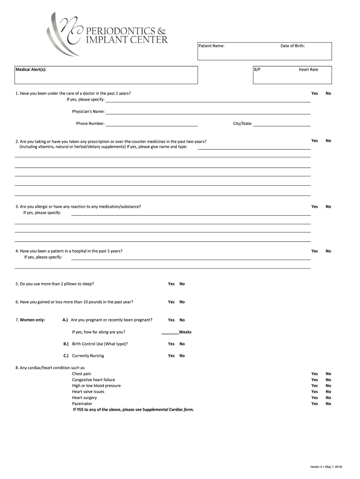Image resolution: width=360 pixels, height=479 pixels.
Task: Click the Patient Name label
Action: tap(211, 46)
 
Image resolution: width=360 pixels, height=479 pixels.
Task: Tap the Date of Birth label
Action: tap(293, 46)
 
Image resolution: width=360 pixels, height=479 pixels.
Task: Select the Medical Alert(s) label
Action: tap(31, 69)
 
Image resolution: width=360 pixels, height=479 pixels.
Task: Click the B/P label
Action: tap(257, 69)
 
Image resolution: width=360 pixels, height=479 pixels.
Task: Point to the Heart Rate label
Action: tap(308, 69)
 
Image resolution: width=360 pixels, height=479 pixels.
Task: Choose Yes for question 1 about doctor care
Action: tap(315, 94)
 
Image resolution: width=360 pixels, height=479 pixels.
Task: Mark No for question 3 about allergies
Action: tap(328, 207)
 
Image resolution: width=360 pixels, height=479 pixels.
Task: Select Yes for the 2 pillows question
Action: tap(171, 284)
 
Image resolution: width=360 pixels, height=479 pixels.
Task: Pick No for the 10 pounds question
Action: tap(182, 302)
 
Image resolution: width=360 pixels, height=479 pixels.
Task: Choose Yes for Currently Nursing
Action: tap(171, 356)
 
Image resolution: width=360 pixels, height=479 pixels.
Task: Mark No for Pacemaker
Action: tap(328, 404)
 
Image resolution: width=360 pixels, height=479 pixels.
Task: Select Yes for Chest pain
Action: tap(315, 374)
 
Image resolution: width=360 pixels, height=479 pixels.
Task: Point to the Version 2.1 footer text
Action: tap(326, 467)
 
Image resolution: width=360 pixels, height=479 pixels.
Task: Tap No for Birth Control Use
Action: tap(182, 344)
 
